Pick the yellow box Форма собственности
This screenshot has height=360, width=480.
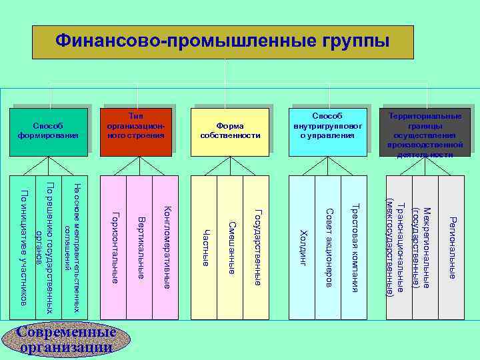point(230,131)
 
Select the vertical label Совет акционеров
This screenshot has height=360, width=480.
point(329,247)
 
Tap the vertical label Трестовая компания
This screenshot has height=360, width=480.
point(355,247)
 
